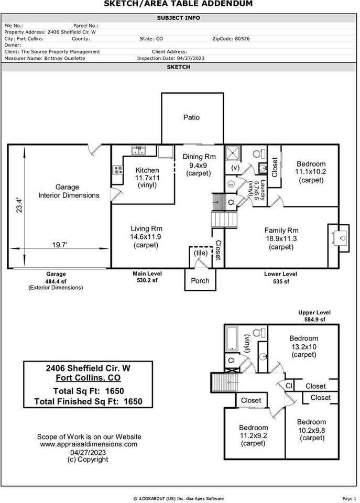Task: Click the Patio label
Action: (x=191, y=117)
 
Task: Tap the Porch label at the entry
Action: (x=200, y=280)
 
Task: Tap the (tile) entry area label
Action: (x=201, y=253)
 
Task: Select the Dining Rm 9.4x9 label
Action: (x=199, y=165)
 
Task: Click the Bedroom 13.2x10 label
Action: (x=303, y=346)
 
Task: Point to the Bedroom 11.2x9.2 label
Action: (x=253, y=435)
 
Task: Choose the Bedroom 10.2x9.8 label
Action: (x=311, y=430)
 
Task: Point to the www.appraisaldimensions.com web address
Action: (x=89, y=444)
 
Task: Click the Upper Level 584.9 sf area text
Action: (x=314, y=316)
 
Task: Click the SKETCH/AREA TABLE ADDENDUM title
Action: (x=178, y=4)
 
